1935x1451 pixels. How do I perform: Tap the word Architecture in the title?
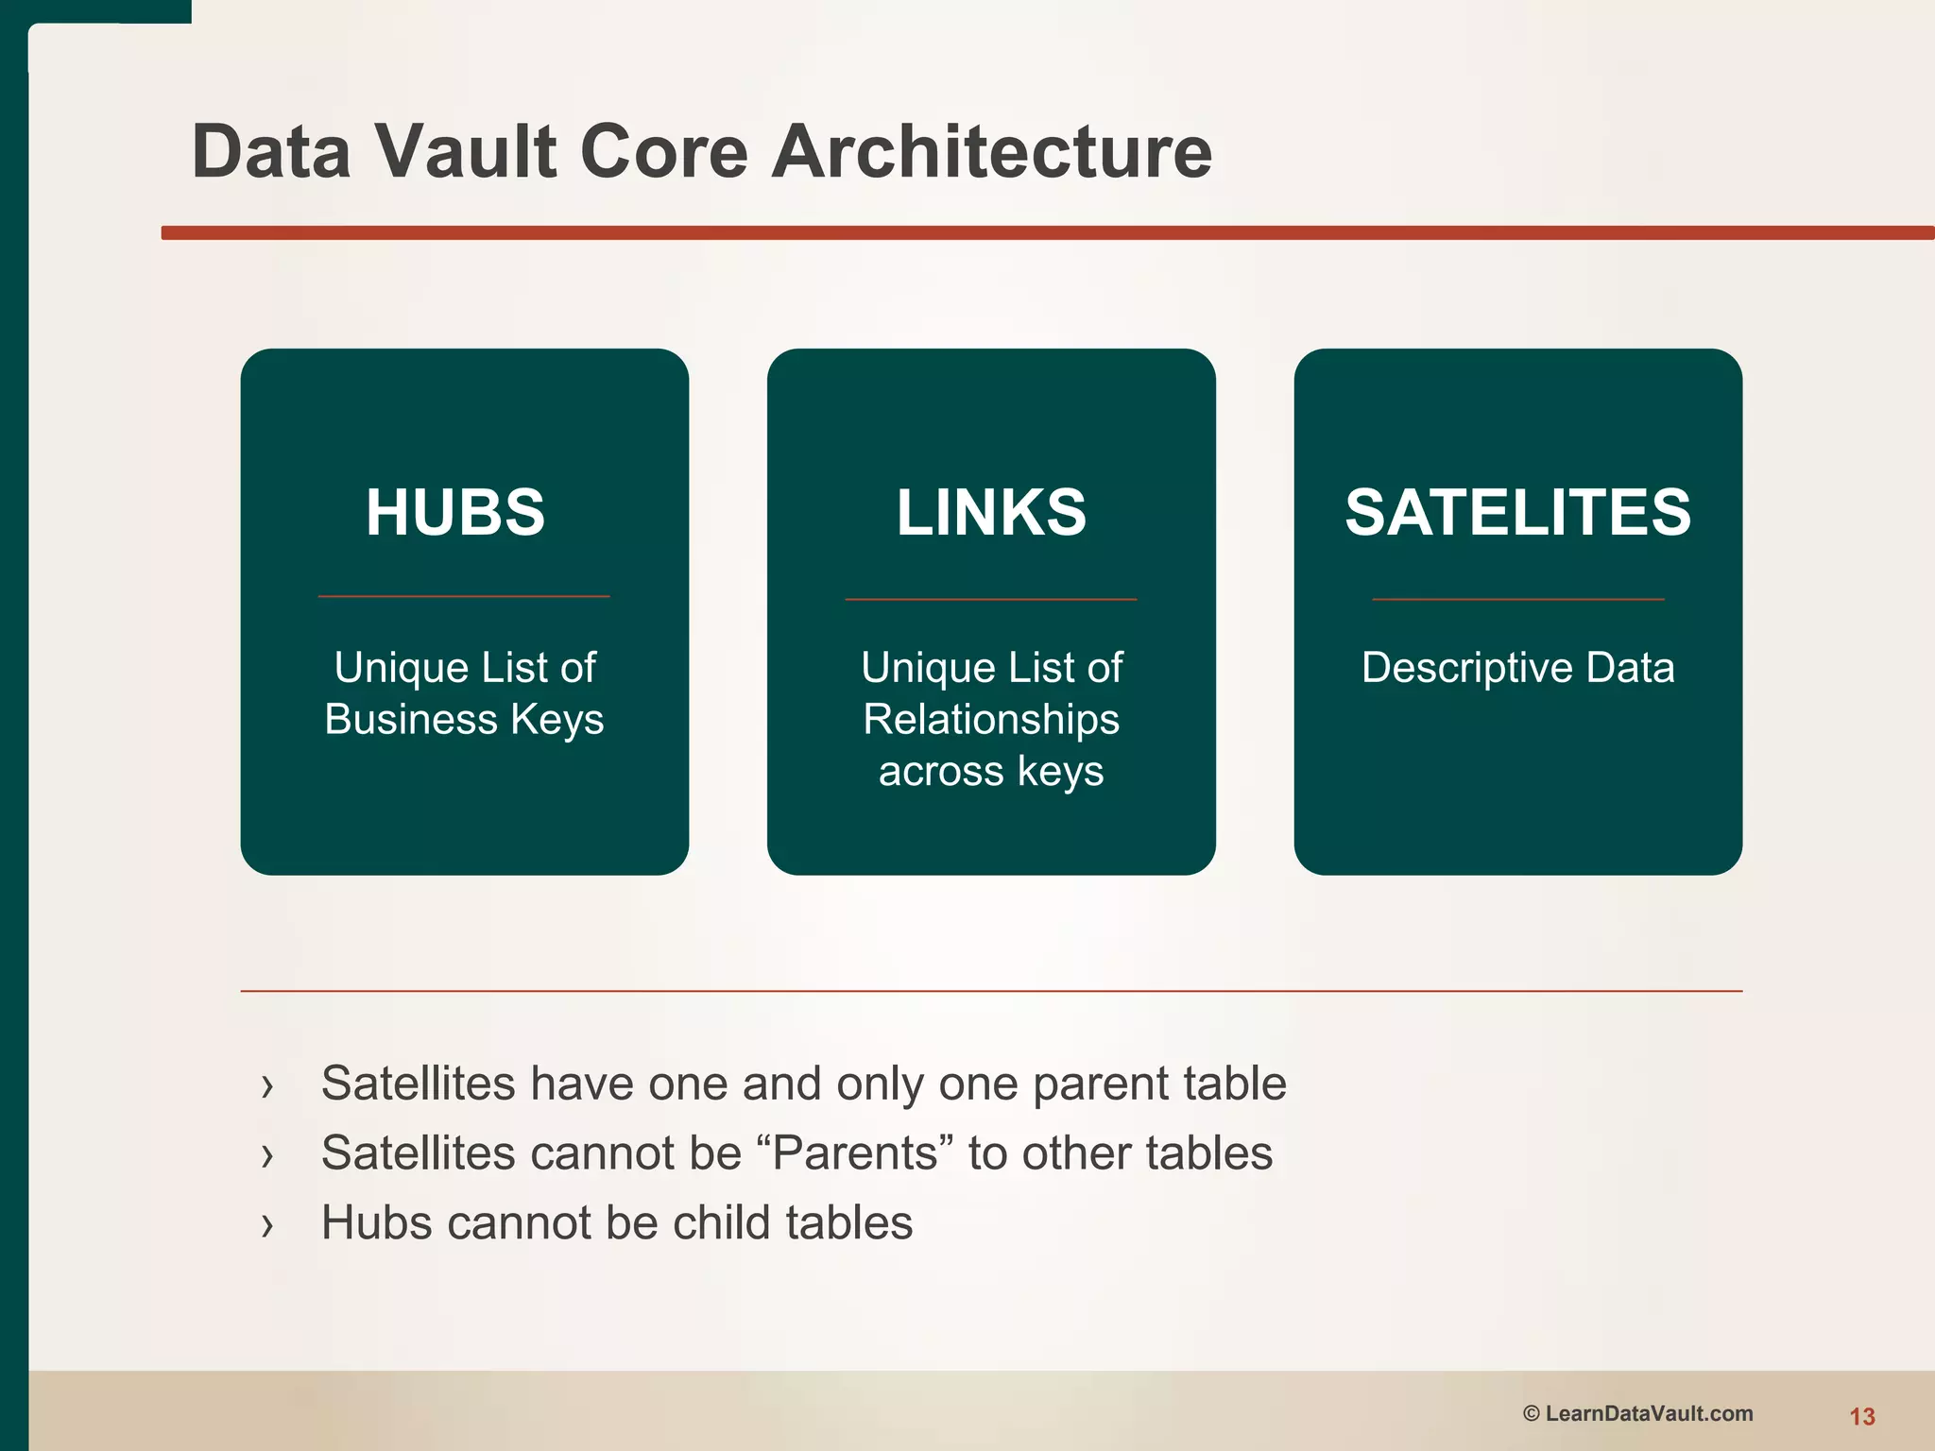[991, 151]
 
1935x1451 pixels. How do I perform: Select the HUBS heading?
[455, 512]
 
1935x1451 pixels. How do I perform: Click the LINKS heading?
[991, 512]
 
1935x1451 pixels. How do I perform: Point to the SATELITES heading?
[1517, 512]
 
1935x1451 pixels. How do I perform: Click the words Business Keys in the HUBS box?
[464, 719]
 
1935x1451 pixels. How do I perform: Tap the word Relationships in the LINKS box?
[991, 719]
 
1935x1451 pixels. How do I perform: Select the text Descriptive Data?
[1517, 668]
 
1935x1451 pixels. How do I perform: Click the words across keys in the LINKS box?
[991, 771]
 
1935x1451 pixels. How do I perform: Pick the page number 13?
[1861, 1416]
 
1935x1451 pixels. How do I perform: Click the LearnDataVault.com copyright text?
[1649, 1413]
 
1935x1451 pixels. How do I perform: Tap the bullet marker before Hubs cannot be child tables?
[267, 1225]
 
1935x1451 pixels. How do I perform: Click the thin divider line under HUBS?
[464, 596]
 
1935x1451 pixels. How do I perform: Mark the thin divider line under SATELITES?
[1517, 599]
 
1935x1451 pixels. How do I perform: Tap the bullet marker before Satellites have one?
[267, 1086]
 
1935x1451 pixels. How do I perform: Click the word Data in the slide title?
[272, 151]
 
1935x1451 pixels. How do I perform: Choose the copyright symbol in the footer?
[1532, 1413]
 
